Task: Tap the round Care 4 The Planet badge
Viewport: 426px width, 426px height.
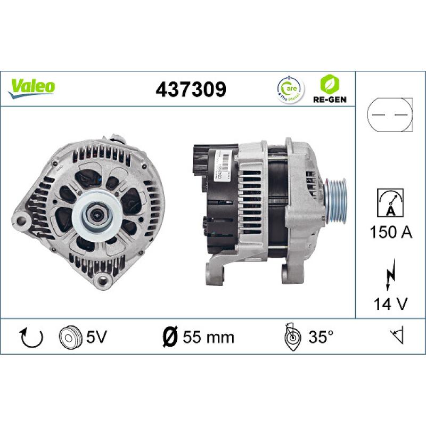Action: point(289,89)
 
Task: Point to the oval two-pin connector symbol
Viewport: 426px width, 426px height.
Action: point(390,116)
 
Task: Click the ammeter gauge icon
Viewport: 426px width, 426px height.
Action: point(390,202)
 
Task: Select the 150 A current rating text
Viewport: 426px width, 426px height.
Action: point(390,233)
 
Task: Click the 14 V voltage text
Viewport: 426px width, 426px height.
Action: point(390,304)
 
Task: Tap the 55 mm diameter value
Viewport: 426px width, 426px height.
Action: point(208,337)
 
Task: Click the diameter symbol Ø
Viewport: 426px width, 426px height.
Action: point(169,337)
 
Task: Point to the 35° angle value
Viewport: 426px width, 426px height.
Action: point(321,337)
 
